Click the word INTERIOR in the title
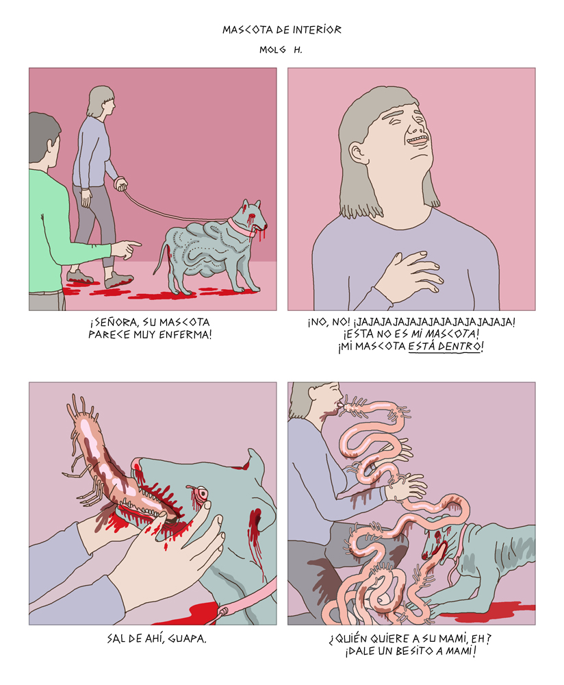coord(316,29)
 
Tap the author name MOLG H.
coord(281,50)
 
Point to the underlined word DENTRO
coord(461,347)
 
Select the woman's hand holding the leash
coord(120,184)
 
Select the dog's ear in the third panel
coord(256,462)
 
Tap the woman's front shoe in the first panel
coord(118,280)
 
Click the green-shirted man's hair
coord(43,136)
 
